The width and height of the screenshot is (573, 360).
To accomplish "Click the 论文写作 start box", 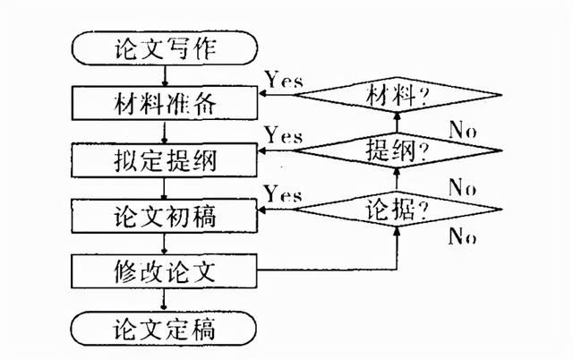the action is pos(165,47).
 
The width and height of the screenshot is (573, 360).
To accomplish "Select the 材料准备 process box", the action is pos(165,103).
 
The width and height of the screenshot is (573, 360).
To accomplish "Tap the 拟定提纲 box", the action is pos(165,160).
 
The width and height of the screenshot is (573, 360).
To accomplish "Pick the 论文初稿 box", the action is pos(165,216).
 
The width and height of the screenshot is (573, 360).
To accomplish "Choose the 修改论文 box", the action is pos(165,271).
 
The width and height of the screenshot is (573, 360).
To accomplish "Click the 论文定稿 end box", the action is pos(164,328).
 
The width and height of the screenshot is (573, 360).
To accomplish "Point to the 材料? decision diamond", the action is pos(398,95).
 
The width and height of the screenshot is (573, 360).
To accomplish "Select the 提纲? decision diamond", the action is pos(398,150).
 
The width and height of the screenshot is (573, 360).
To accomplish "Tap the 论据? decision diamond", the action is pos(398,210).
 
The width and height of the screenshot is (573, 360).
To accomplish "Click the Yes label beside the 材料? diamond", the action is pos(285,80).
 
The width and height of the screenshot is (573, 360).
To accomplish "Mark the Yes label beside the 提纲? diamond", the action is pos(284,135).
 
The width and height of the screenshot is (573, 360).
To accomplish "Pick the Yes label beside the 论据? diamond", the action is pos(283,193).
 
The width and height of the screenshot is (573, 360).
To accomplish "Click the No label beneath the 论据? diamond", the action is pos(463,236).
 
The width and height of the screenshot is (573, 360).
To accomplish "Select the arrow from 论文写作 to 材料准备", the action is pos(165,75).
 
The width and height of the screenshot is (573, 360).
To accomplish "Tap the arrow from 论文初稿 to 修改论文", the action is pos(164,244).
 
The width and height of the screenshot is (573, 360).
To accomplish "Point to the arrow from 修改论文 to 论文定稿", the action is pos(164,300).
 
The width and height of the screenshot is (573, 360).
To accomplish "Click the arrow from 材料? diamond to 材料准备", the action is pos(277,95).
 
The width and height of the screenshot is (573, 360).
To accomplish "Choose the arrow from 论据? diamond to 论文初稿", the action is pos(277,210).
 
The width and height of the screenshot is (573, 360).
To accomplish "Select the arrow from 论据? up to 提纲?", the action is pos(398,180).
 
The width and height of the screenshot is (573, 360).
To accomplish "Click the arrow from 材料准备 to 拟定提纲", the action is pos(164,132).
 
